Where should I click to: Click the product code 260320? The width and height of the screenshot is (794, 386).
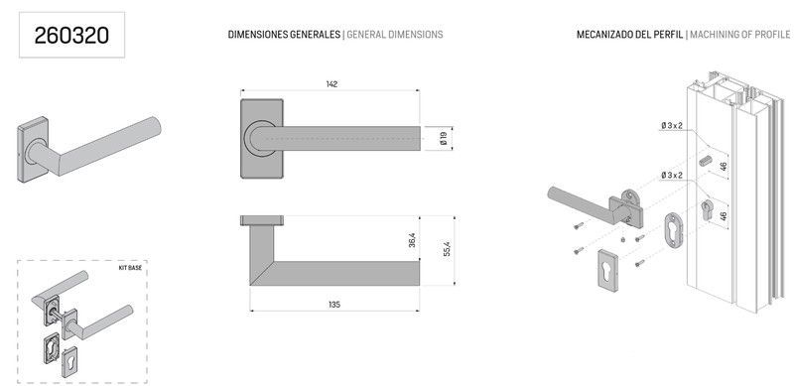[x=71, y=36]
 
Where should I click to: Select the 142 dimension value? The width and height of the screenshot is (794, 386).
[x=331, y=84]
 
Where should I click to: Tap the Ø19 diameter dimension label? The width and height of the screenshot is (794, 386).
[x=444, y=138]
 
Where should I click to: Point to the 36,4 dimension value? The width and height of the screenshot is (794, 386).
[x=412, y=240]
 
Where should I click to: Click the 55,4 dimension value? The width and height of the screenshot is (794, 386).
[x=448, y=249]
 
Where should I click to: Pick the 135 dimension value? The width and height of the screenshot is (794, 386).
[x=334, y=305]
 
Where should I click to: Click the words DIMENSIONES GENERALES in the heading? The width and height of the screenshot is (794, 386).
[x=284, y=35]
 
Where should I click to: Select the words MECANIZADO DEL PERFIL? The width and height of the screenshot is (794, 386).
[x=629, y=35]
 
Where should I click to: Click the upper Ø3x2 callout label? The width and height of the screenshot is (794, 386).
[x=672, y=125]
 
